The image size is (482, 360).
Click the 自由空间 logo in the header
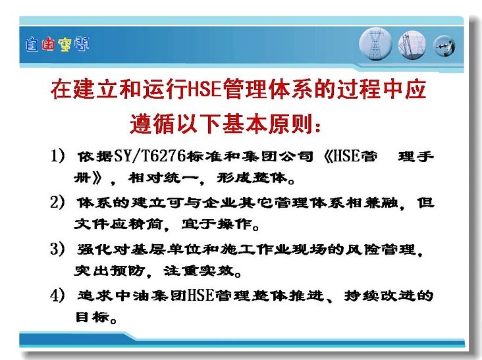pos(57,45)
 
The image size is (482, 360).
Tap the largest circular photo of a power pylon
pos(375,44)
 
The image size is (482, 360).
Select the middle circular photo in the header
pos(412,45)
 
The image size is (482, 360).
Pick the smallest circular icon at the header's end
pos(444,46)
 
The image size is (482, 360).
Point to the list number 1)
pos(57,156)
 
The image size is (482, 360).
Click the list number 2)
pos(57,202)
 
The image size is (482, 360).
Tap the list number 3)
pos(57,249)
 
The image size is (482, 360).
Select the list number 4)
pos(57,296)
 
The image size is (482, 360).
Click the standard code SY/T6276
pos(150,156)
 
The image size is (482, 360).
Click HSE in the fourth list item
pos(200,296)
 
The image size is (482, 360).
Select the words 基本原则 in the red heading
pos(268,124)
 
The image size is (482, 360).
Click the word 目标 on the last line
pos(93,317)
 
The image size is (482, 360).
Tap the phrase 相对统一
pos(163,178)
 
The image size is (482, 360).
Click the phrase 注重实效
pos(199,270)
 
